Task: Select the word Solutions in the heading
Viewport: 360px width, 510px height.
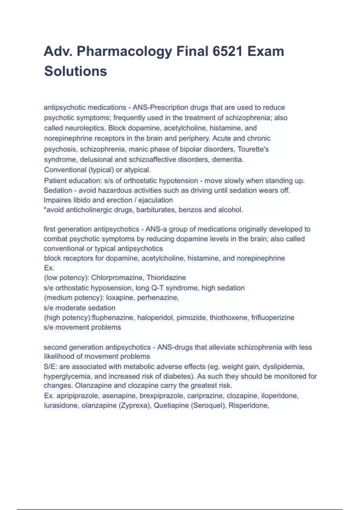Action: click(76, 71)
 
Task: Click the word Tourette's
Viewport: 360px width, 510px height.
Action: click(253, 149)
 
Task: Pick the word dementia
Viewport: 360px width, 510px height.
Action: click(228, 159)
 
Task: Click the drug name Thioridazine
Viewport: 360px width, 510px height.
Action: click(166, 277)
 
